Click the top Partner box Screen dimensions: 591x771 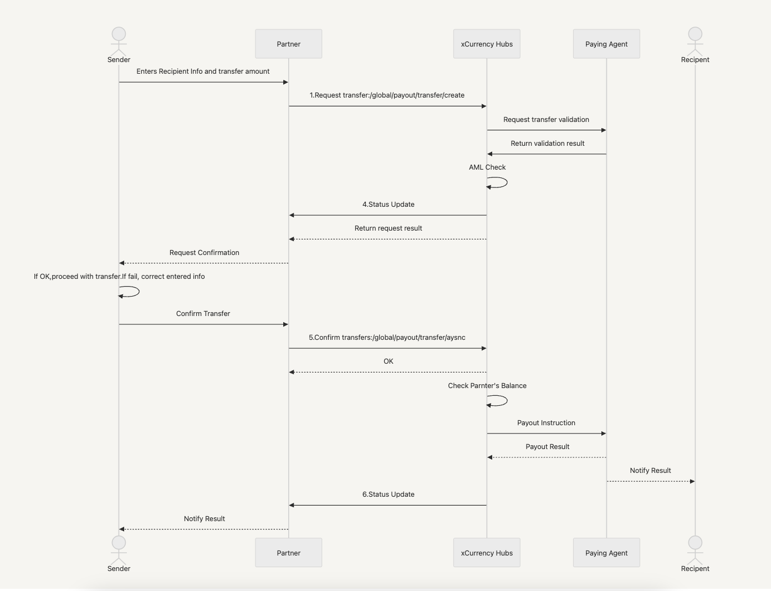tap(288, 44)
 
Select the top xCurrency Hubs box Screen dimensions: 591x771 tap(487, 44)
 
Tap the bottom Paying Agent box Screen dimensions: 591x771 tap(606, 553)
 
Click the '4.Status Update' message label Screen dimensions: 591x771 tap(388, 205)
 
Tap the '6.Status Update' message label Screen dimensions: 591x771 tap(388, 495)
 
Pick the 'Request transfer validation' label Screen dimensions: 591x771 tap(546, 120)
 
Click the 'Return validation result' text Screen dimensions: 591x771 tap(548, 144)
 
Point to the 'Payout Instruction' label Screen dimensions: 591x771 tap(546, 423)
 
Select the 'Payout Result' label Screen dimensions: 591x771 tap(548, 447)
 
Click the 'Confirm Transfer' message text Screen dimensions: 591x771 tap(203, 314)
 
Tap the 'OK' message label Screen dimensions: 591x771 tap(388, 361)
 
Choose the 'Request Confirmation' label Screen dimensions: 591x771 tap(204, 253)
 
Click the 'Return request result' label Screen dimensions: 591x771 tap(388, 228)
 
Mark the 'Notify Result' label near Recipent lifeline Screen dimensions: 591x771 tap(650, 471)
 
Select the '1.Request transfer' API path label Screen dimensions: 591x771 tap(387, 95)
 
